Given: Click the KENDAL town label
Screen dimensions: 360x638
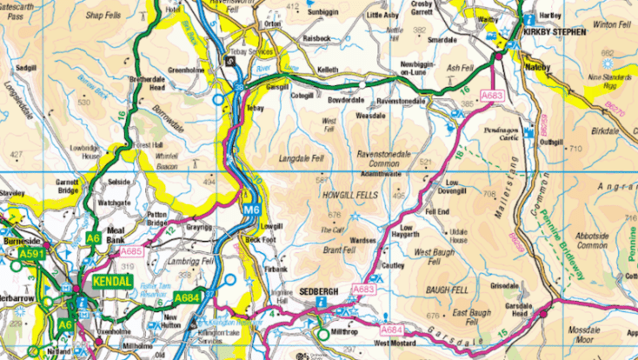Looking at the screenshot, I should [x=111, y=283].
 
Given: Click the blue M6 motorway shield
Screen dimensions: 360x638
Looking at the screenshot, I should [x=250, y=210].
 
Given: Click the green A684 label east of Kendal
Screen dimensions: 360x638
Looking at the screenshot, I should [x=188, y=297].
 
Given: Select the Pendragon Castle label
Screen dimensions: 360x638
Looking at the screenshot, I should [x=503, y=133].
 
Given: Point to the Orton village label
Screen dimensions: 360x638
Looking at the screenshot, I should [x=274, y=23].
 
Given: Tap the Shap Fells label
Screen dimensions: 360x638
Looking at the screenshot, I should [x=103, y=15].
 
